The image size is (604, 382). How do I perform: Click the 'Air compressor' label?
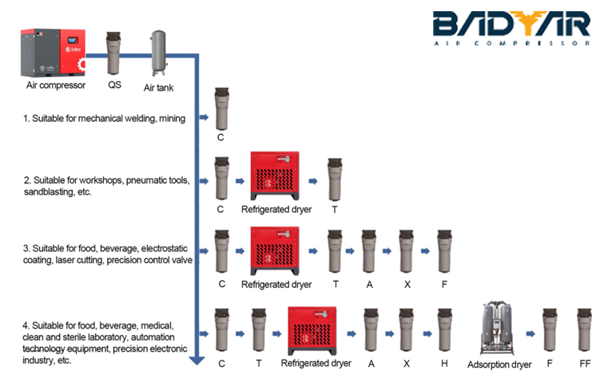point(55,86)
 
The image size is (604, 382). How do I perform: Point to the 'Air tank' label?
point(159,89)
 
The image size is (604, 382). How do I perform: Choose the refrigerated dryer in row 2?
point(275,175)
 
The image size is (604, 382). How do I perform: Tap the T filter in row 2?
point(334,179)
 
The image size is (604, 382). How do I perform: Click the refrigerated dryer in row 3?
point(275,250)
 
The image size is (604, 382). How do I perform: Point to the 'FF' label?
point(585,364)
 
